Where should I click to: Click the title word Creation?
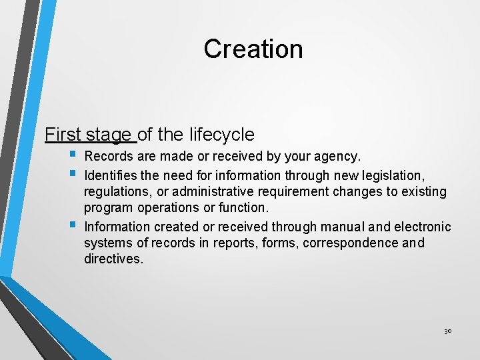tap(253, 49)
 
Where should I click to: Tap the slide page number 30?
tap(447, 331)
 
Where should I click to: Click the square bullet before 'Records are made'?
tap(72, 156)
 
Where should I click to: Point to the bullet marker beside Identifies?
tap(72, 174)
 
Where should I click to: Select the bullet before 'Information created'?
tap(72, 225)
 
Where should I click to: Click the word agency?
tap(337, 157)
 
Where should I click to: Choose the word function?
tap(243, 209)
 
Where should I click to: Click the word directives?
tap(113, 259)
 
